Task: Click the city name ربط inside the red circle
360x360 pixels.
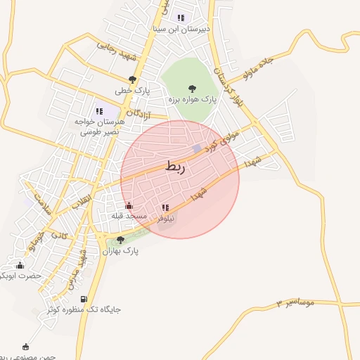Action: pos(175,167)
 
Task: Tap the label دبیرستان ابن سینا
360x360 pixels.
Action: pos(181,30)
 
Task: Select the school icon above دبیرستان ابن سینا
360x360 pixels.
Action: pos(181,18)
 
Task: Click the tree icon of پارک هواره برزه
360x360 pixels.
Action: pos(192,89)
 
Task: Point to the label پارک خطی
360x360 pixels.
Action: pos(134,91)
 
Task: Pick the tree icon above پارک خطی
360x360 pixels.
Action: pos(132,79)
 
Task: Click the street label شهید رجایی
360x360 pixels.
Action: pos(115,51)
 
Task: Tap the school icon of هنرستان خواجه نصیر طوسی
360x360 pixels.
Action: pos(98,110)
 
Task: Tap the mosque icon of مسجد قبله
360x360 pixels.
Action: pos(129,205)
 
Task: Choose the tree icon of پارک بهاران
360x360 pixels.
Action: pos(120,240)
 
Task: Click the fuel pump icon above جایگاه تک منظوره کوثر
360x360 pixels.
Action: pos(84,299)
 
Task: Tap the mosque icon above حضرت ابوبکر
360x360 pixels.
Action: pos(19,265)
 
